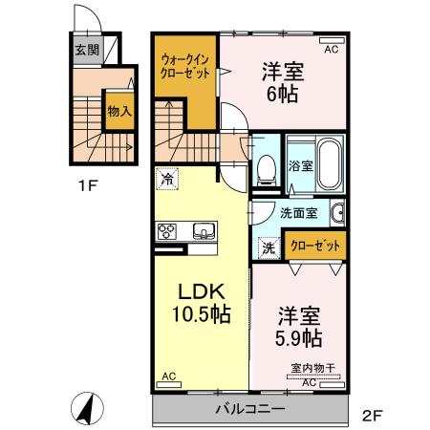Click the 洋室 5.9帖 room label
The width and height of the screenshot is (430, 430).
299,326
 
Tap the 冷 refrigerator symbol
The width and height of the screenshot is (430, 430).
168,178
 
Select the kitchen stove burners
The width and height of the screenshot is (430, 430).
168,230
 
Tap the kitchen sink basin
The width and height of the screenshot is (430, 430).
204,229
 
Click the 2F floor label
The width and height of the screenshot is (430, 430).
373,416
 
